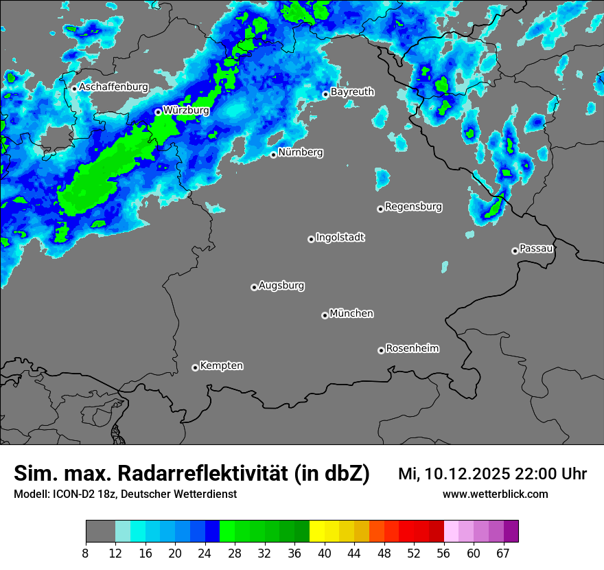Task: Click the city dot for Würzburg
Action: [x=158, y=112]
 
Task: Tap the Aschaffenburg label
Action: [x=113, y=87]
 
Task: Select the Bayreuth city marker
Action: [x=326, y=94]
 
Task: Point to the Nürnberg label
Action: [x=301, y=152]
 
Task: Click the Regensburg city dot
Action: [x=380, y=209]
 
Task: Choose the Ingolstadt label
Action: [x=340, y=238]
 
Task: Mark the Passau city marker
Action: [x=515, y=251]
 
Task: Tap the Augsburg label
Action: [x=281, y=286]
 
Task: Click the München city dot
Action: [x=325, y=316]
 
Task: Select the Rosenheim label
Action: [x=413, y=348]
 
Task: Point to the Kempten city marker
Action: [x=195, y=367]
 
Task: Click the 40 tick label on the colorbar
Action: [x=325, y=554]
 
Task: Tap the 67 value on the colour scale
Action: [x=503, y=554]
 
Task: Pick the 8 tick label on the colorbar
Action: [x=86, y=554]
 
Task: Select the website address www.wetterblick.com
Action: [x=496, y=494]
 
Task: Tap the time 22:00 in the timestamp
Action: [x=537, y=474]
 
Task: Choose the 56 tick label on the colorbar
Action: [x=444, y=554]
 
